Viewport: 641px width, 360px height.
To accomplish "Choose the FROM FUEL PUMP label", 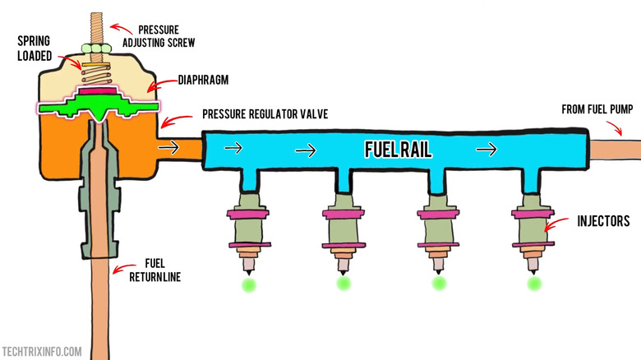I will (x=597, y=108).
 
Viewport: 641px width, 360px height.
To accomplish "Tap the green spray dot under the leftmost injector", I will (x=247, y=284).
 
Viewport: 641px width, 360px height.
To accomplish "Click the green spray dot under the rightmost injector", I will (x=535, y=284).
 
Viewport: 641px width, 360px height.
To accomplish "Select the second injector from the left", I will (x=342, y=231).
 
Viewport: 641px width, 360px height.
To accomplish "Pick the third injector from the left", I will (x=436, y=231).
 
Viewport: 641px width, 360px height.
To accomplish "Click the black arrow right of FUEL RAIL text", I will (x=487, y=150).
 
